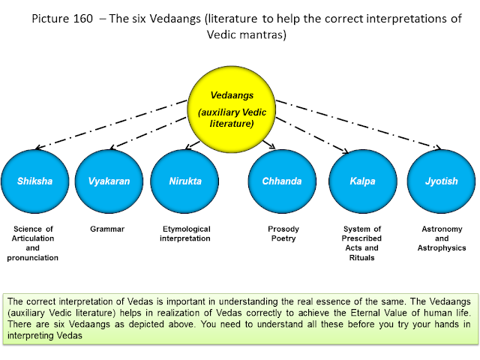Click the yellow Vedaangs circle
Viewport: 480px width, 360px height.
[232, 109]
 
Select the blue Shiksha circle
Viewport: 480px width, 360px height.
[35, 181]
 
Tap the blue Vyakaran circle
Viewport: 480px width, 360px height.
[109, 181]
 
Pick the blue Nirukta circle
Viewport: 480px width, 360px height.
[184, 181]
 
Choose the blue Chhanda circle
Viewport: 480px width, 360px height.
[282, 181]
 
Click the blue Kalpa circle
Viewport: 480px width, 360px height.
[363, 181]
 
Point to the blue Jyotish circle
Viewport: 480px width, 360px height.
[441, 181]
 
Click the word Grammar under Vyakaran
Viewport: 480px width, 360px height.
[107, 229]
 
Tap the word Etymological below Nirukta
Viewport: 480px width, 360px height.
[187, 229]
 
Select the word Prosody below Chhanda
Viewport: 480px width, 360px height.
[283, 229]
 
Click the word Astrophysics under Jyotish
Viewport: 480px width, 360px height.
[442, 248]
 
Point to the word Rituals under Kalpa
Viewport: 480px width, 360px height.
[361, 258]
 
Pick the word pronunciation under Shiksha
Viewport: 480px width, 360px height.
[33, 258]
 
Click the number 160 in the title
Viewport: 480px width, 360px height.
[83, 19]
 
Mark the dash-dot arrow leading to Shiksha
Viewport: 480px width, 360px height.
[112, 124]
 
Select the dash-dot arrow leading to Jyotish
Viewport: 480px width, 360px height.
[358, 124]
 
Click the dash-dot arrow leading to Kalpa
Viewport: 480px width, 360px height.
[312, 135]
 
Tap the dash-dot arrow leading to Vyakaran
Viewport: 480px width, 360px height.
[148, 133]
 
